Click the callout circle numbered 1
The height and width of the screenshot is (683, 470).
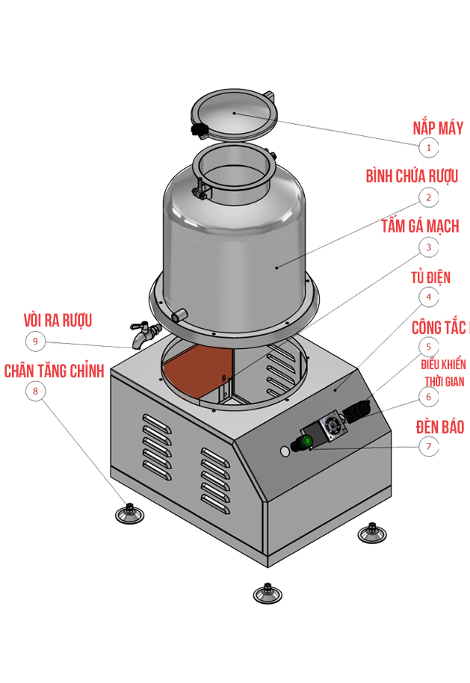coord(428,148)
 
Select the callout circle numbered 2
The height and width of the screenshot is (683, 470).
coord(428,197)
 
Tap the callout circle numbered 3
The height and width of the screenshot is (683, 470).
coord(428,247)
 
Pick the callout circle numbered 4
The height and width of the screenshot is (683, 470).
coord(428,297)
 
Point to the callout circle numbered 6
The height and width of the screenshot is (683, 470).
coord(428,397)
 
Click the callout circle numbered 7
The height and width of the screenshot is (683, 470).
coord(428,447)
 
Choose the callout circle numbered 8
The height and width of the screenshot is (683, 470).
coord(34,391)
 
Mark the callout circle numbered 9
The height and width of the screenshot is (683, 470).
coord(34,341)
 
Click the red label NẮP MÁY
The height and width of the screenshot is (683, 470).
coord(438,128)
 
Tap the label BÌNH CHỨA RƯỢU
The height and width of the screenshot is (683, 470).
coord(412,176)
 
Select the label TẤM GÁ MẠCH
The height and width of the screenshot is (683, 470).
coord(420,226)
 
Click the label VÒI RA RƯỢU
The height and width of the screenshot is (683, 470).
coord(58,321)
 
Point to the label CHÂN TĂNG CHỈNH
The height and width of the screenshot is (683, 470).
coord(54,371)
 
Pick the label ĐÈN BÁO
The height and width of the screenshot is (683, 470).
coord(439,427)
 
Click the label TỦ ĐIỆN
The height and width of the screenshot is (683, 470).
coord(430,277)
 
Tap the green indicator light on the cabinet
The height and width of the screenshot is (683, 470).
coord(306,442)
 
